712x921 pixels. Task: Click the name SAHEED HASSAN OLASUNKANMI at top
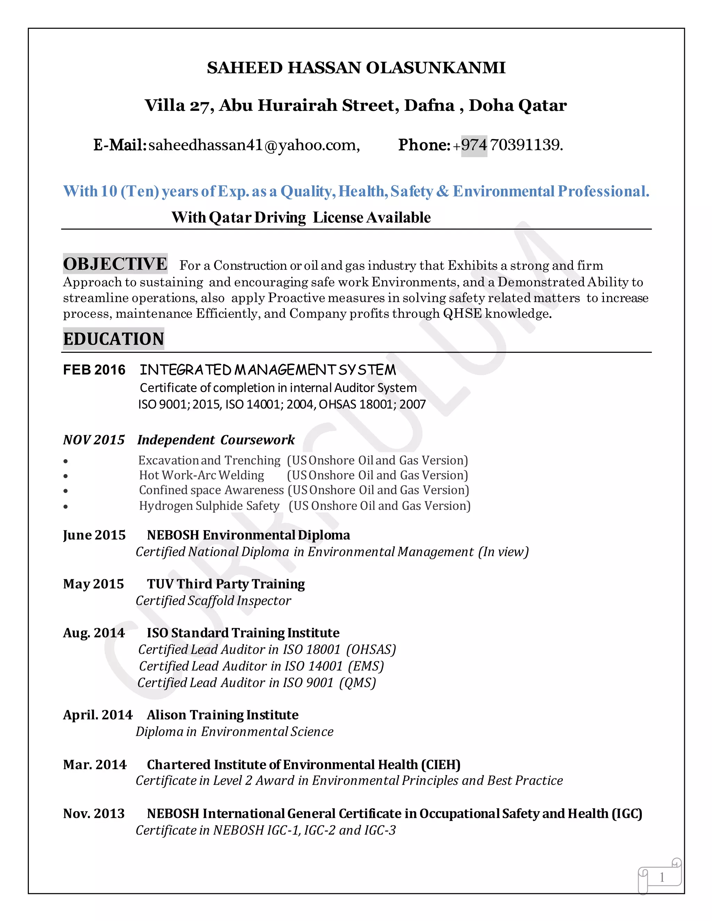(356, 68)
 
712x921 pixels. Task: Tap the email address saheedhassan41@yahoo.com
(254, 145)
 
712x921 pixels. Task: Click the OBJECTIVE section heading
(115, 264)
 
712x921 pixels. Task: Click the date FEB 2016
(94, 370)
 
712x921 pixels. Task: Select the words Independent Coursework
(216, 440)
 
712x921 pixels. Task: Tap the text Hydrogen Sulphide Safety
(209, 506)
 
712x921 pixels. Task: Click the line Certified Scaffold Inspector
(213, 601)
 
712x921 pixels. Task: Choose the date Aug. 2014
(94, 633)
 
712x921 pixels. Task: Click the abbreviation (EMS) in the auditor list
(366, 666)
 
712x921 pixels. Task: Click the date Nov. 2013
(94, 814)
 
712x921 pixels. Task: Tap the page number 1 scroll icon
(661, 878)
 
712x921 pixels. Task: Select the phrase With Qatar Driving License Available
(301, 218)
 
